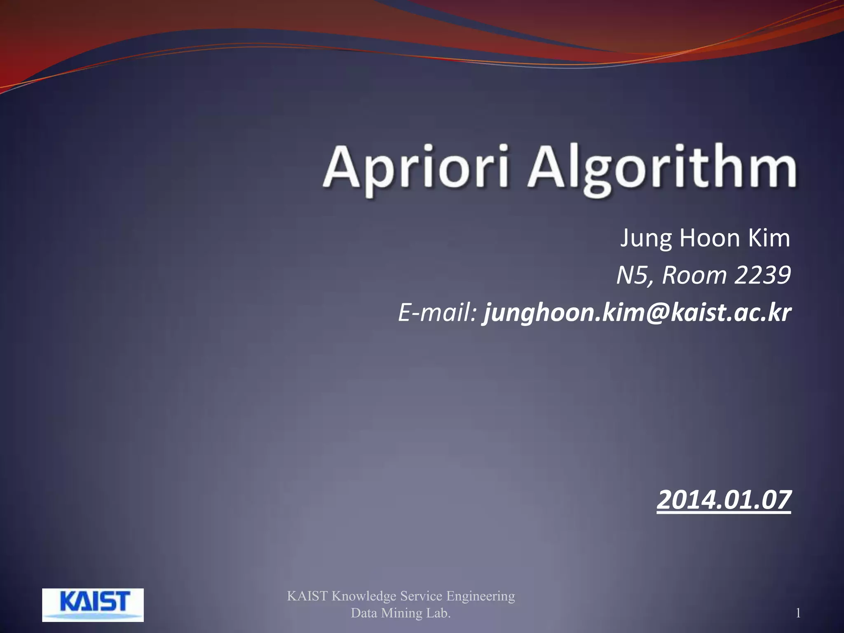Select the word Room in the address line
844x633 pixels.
coord(694,275)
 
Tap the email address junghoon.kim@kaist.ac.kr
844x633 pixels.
coord(637,313)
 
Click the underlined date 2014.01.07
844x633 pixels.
coord(724,500)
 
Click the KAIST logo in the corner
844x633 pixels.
coord(93,605)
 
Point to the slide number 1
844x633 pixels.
coord(798,613)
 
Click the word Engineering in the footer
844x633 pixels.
coord(481,596)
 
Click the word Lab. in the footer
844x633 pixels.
coord(438,613)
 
